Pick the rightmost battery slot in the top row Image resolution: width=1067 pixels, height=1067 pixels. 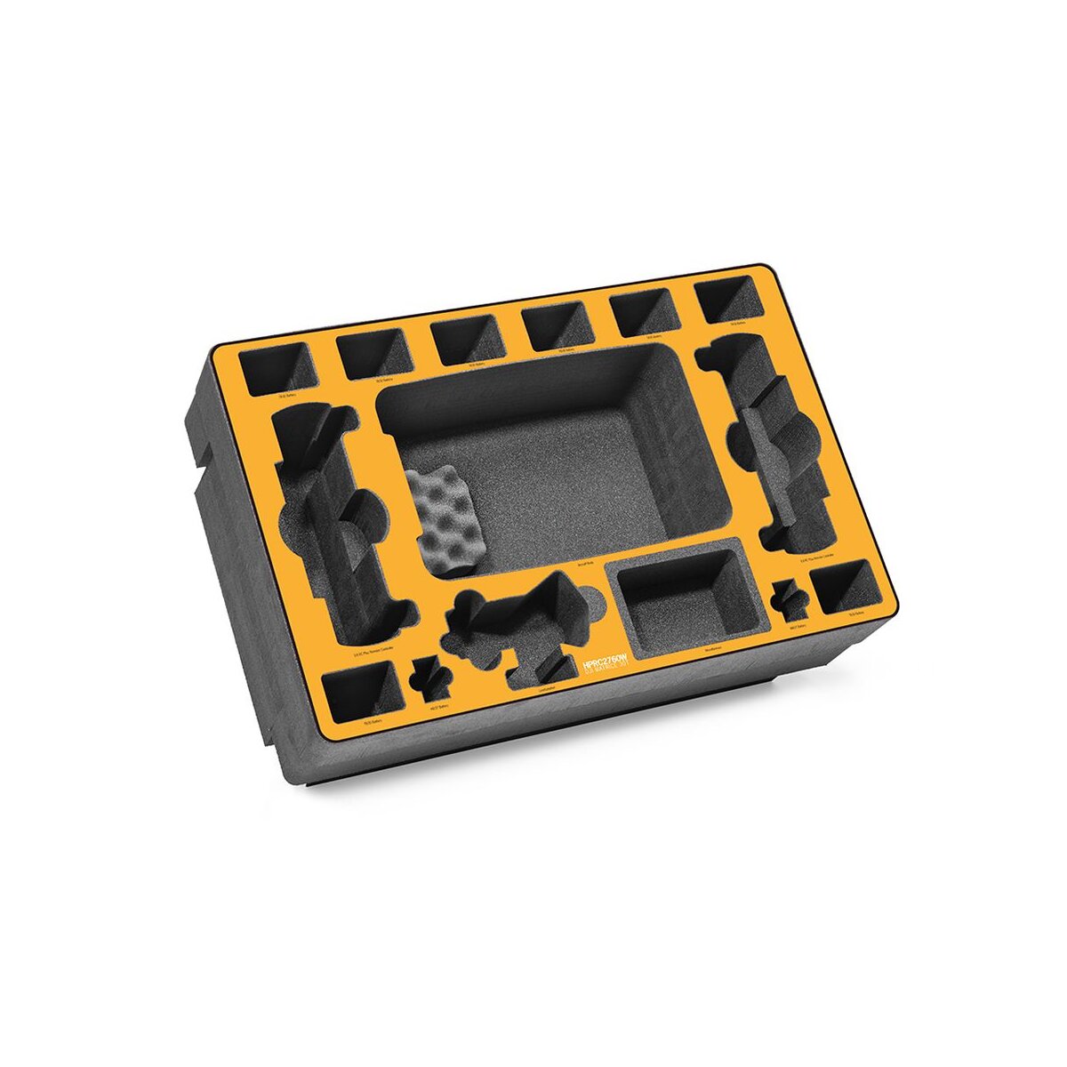731,301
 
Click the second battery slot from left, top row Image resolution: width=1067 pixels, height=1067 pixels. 374,354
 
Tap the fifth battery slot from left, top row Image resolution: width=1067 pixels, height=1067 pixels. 644,313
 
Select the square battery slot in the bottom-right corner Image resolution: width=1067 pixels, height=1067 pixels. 846,589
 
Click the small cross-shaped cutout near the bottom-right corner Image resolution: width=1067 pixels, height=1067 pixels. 788,600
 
